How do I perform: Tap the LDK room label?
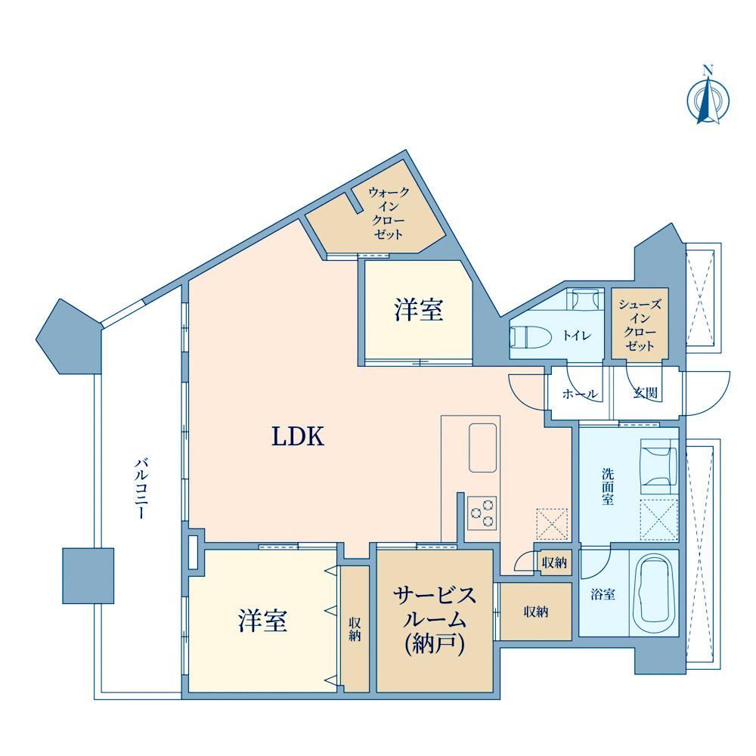click(x=298, y=436)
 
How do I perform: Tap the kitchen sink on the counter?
click(x=482, y=448)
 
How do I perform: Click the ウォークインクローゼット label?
click(x=389, y=213)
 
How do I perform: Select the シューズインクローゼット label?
click(x=640, y=325)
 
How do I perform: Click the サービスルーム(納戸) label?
click(x=435, y=620)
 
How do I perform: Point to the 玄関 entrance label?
click(x=645, y=393)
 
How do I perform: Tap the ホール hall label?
click(x=580, y=393)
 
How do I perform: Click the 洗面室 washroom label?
click(x=608, y=486)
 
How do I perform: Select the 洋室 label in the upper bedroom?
click(x=419, y=309)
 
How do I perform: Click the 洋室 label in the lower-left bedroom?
click(x=263, y=621)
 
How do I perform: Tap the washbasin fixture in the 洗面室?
click(x=658, y=466)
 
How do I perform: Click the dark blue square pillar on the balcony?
click(x=88, y=575)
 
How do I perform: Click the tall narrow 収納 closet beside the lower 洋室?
click(x=355, y=629)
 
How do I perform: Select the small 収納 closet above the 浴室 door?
click(x=554, y=562)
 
